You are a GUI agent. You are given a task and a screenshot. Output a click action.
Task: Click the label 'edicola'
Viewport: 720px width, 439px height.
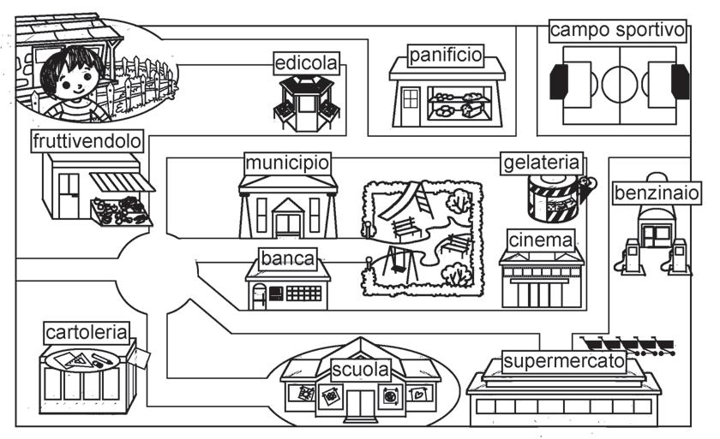(306, 63)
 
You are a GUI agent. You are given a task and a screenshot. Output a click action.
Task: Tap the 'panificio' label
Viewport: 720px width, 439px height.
(446, 56)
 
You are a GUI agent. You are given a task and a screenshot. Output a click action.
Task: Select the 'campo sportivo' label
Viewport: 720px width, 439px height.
(618, 31)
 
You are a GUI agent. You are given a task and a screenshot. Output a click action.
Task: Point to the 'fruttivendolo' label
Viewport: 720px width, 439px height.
(87, 140)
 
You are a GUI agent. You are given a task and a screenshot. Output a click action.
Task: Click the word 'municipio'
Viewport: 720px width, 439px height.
(287, 163)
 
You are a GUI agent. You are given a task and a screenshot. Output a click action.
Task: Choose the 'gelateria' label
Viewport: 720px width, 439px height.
(543, 163)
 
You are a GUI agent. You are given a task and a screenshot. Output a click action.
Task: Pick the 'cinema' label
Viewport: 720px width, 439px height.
(541, 240)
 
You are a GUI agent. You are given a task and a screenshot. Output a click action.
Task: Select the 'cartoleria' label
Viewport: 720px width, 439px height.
(87, 332)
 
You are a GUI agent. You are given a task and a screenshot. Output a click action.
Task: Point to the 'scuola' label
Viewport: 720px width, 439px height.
(361, 371)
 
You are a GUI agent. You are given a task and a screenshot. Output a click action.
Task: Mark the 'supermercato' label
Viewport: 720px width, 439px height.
(563, 361)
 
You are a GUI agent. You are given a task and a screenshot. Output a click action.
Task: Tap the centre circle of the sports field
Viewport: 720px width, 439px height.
(617, 83)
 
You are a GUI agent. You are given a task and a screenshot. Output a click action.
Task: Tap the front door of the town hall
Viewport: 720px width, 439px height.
(288, 226)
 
